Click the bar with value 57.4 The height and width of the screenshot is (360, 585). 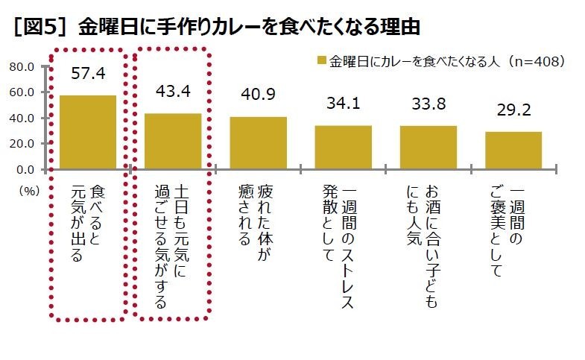point(88,132)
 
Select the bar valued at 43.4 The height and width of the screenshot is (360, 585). point(173,141)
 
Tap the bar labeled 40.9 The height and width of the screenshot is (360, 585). point(258,142)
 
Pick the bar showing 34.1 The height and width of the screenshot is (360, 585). point(343,147)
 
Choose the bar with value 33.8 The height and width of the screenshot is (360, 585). point(429,147)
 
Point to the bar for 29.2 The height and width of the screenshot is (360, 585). point(513,150)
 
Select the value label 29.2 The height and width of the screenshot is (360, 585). point(513,111)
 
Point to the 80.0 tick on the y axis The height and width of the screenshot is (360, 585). point(22,66)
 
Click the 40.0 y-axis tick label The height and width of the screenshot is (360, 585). point(22,118)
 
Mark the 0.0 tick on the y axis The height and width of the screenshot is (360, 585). point(25,169)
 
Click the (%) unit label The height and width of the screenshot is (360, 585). point(28,191)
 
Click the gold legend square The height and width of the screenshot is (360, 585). point(322,60)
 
